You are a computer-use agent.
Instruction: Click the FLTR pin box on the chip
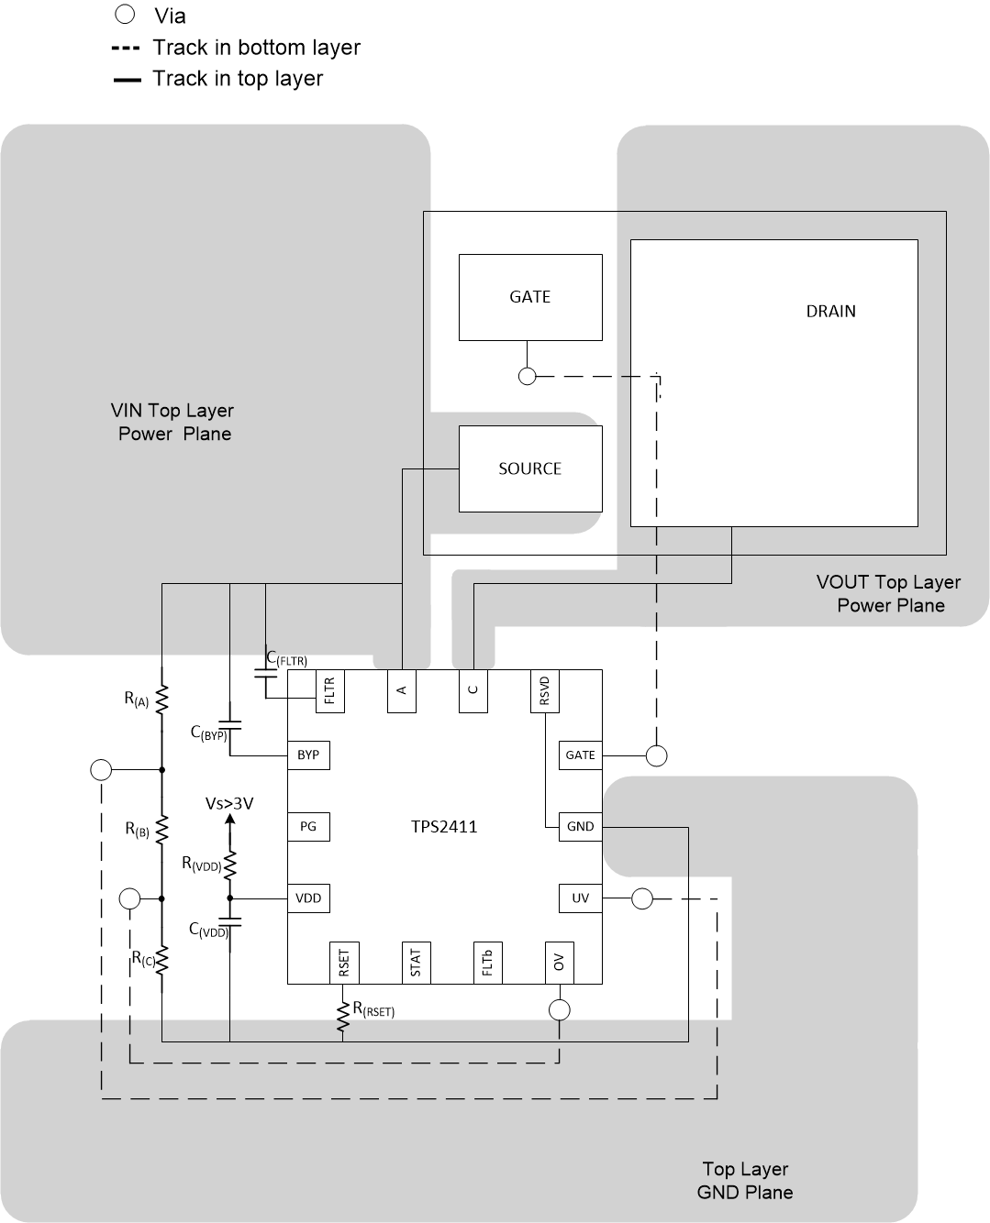[x=329, y=690]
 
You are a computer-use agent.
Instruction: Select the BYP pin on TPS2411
[x=308, y=755]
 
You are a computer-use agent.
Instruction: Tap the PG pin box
[x=308, y=827]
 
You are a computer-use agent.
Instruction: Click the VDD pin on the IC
[x=308, y=898]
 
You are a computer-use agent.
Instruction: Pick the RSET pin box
[x=344, y=963]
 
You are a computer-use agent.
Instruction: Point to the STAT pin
[x=416, y=963]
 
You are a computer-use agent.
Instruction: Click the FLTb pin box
[x=487, y=963]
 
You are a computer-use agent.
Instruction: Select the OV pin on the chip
[x=559, y=963]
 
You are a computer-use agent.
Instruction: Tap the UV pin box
[x=580, y=898]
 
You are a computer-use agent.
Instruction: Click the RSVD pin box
[x=544, y=690]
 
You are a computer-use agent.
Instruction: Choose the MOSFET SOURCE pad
[x=530, y=468]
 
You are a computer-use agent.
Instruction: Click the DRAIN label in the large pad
[x=830, y=312]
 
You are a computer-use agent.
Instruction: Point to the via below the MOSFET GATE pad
[x=528, y=376]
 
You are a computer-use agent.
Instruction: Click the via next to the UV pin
[x=642, y=899]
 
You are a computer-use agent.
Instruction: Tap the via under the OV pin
[x=559, y=1010]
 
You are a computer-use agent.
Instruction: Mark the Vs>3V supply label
[x=229, y=804]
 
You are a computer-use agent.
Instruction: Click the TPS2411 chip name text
[x=444, y=827]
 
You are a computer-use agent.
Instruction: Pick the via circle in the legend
[x=125, y=15]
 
